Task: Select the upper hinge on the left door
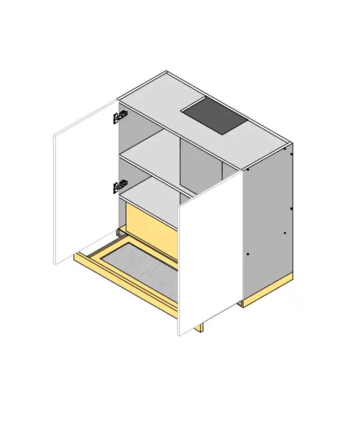(x=119, y=117)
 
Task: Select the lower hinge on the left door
(x=119, y=186)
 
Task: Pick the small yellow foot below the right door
(x=199, y=327)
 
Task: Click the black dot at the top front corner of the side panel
(x=248, y=169)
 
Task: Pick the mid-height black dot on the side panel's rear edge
(x=291, y=208)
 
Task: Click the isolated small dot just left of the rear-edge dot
(x=285, y=233)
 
